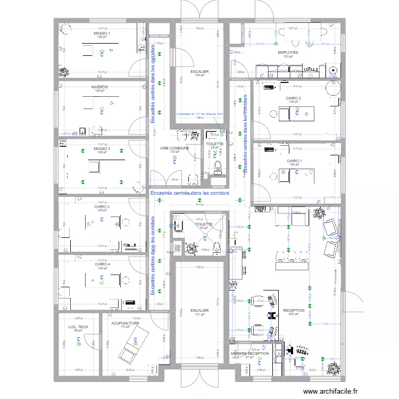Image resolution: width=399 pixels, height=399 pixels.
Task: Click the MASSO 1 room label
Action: coord(101,34)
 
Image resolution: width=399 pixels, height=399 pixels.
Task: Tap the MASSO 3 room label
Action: coord(102,148)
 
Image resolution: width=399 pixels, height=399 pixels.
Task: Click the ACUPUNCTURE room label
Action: coord(125,322)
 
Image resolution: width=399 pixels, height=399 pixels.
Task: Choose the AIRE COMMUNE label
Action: coord(174,148)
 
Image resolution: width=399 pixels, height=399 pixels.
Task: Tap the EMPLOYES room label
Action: coord(288,53)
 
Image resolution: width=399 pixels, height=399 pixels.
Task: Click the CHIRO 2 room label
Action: coord(294,98)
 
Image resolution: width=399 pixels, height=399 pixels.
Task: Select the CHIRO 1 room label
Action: coord(294,161)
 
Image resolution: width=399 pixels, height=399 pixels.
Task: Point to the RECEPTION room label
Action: coord(294,310)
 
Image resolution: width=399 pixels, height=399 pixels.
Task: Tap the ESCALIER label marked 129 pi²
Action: coord(199,71)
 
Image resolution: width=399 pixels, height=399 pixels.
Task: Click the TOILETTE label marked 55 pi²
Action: coord(204,224)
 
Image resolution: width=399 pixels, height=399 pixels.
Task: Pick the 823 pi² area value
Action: coord(294,314)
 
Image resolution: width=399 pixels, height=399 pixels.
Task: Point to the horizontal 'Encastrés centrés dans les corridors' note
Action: coord(189,194)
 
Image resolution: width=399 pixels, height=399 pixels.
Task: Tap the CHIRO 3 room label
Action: coord(102,206)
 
